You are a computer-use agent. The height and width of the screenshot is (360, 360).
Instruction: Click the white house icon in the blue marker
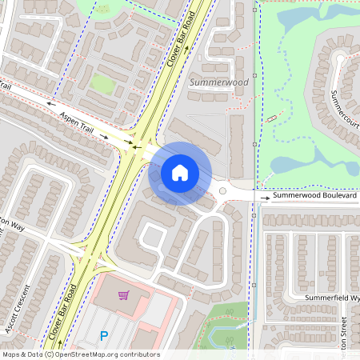click(180, 173)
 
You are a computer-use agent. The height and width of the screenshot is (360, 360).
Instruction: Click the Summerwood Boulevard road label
click(314, 195)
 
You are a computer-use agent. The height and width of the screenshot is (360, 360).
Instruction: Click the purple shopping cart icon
click(123, 296)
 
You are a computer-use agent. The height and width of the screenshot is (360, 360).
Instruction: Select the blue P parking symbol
click(102, 337)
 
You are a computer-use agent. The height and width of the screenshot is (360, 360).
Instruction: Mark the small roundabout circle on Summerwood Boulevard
click(222, 191)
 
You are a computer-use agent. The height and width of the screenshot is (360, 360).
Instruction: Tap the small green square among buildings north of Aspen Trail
click(101, 82)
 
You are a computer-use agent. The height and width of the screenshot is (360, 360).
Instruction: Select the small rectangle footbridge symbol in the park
click(273, 118)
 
